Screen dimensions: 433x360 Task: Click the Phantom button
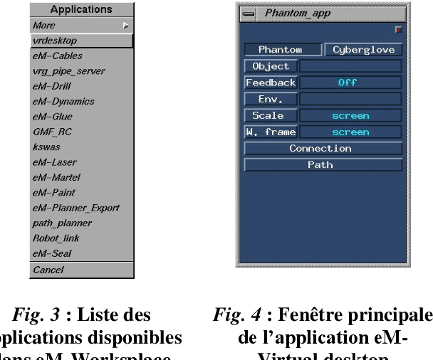click(x=280, y=50)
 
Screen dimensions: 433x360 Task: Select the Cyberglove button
click(x=364, y=50)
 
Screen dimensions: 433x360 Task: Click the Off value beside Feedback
click(x=350, y=83)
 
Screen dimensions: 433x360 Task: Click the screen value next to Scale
click(x=350, y=115)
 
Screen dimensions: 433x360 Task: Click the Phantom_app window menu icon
click(x=248, y=13)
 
